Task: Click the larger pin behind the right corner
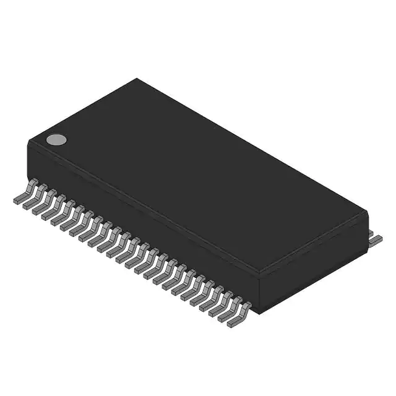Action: [376, 240]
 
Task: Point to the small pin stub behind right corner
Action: [371, 231]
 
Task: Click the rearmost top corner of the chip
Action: [137, 79]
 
